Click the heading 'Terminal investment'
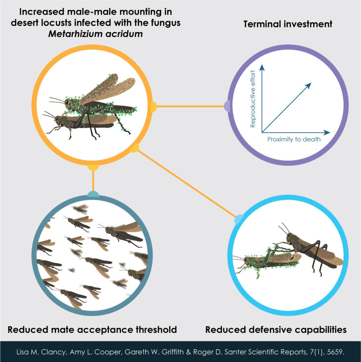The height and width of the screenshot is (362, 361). point(288,24)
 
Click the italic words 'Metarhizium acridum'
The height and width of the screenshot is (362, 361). point(95,34)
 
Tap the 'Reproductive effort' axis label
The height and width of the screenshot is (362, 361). point(253,99)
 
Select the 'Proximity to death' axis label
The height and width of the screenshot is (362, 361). point(294,139)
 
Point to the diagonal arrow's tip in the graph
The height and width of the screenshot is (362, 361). point(311,83)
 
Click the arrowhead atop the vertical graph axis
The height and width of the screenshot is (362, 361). point(262,68)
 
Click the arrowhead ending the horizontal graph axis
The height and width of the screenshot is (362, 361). point(327,133)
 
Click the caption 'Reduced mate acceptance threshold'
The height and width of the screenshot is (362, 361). point(92,329)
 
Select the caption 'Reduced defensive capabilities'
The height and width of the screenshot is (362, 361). point(276,329)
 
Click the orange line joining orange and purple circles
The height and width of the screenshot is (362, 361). point(191,106)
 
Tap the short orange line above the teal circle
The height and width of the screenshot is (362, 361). point(93,181)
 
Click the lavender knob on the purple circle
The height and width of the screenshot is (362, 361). point(227,106)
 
